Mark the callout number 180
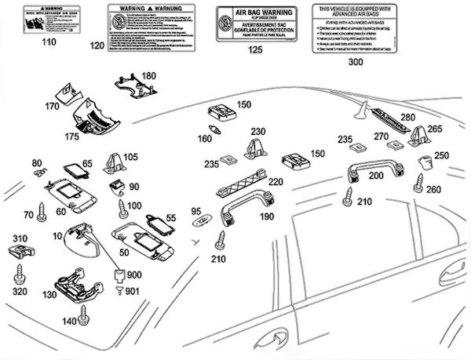[148, 75]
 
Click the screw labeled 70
[42, 211]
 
